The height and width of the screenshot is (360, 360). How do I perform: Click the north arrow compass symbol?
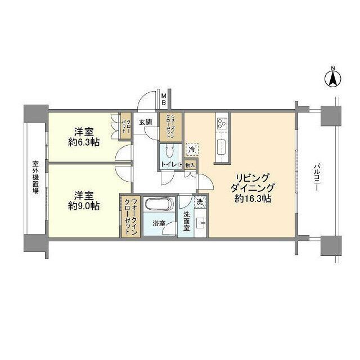coord(332,79)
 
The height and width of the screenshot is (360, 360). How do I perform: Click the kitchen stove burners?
coord(221,121)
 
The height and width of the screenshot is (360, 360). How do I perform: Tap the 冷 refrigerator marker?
coord(192,150)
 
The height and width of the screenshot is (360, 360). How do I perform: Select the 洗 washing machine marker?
coord(200,201)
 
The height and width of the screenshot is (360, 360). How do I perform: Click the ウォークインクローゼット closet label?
coord(130,217)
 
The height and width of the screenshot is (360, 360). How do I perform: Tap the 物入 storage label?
coord(190,165)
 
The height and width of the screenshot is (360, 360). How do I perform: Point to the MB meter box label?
coord(164,99)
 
